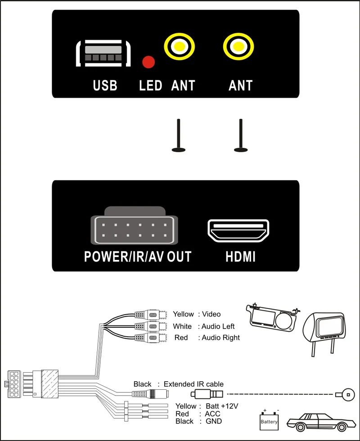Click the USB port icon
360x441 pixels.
103,53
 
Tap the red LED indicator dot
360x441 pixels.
148,62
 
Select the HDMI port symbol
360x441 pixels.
238,231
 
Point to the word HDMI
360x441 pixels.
240,257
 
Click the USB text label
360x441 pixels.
105,85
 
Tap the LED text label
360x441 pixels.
151,85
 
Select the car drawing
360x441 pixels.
321,422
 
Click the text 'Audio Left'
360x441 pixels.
218,326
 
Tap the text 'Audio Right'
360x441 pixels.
220,338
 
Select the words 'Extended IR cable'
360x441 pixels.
193,384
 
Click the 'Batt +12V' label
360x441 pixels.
222,406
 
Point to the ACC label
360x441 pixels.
212,414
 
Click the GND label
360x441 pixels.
214,421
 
